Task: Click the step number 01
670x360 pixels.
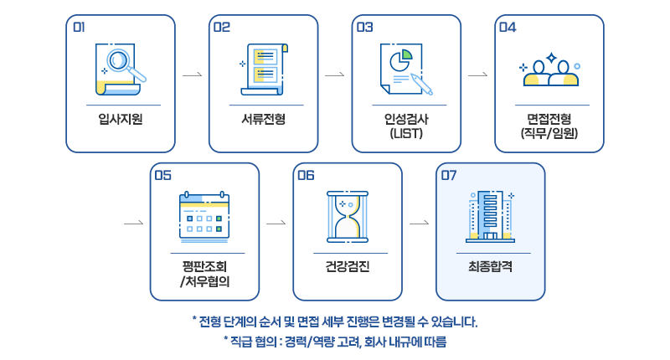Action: [80, 27]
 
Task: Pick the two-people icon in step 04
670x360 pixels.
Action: [549, 72]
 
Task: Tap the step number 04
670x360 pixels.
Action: [508, 27]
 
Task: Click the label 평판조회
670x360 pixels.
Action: [204, 267]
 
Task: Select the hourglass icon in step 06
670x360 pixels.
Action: [348, 216]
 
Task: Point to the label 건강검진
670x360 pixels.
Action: [348, 267]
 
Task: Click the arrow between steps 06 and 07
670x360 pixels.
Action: [420, 224]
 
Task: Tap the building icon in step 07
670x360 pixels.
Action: [491, 214]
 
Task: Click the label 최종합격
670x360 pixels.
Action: [491, 267]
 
